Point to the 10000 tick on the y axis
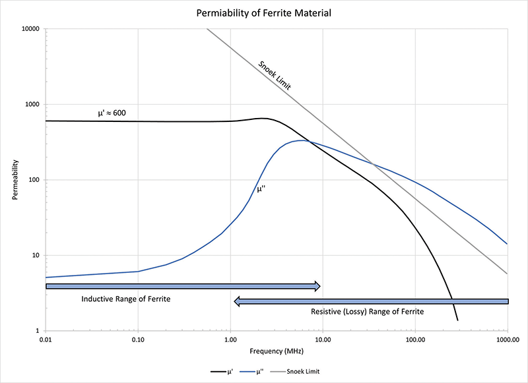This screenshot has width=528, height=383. (30, 29)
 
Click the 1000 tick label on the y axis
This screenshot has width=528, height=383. (32, 105)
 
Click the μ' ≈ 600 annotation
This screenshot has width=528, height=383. (112, 113)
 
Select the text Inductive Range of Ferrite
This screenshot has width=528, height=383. (126, 299)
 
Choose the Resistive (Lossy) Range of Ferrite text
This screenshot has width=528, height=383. (368, 311)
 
